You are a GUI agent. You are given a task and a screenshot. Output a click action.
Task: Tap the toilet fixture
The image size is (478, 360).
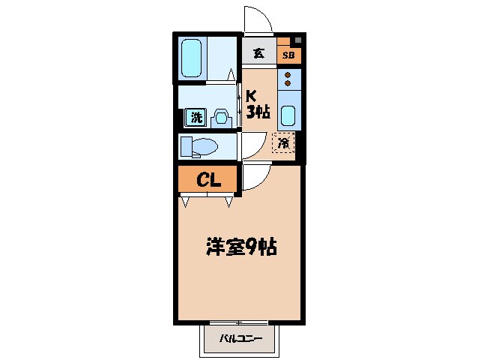coord(199,145)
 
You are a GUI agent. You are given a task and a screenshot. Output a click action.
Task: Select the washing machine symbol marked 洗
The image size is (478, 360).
coord(196,117)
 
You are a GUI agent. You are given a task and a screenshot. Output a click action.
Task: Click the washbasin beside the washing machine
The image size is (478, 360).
coord(220,117)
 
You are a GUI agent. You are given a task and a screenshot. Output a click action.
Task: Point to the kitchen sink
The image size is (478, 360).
coord(288,115)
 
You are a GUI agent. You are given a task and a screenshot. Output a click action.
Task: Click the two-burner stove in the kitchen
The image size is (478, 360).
coord(288,79)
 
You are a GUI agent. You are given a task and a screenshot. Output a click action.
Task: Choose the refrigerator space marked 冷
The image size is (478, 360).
coord(284,142)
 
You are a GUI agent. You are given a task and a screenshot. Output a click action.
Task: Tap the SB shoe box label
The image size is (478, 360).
coord(288,55)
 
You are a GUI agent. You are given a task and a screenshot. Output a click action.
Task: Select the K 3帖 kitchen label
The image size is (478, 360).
coord(258,104)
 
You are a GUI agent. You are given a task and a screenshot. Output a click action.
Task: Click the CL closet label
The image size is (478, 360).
coord(207,179)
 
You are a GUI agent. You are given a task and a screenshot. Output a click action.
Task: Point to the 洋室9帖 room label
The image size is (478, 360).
coord(241,246)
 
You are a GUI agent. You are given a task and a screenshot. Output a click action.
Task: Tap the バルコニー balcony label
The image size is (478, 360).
coord(240,339)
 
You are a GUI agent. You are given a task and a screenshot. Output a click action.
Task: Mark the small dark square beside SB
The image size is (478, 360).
coord(297,40)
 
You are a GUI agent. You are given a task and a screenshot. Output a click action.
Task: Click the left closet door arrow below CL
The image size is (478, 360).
coord(185,200)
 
